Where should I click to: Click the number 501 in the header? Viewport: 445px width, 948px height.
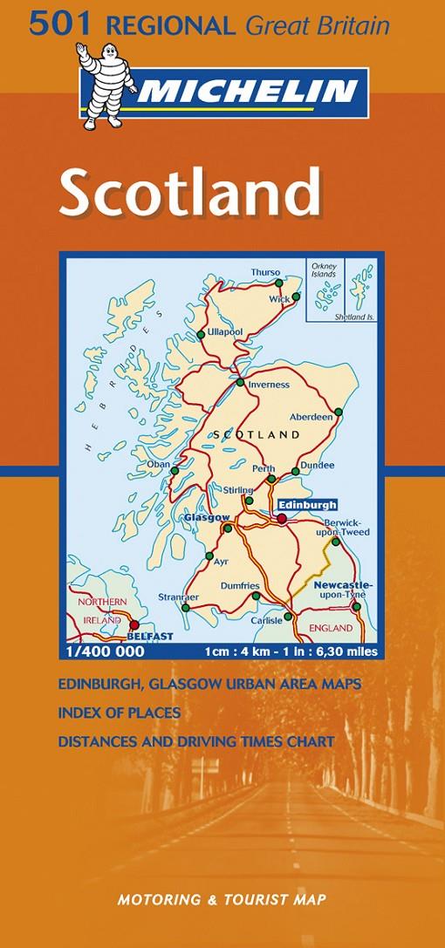point(52,26)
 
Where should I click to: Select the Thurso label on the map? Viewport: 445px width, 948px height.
point(265,272)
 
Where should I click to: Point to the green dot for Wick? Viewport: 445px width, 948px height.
point(296,297)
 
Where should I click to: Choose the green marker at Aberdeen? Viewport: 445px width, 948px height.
point(339,412)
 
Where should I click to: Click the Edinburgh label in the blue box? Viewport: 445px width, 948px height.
point(306,504)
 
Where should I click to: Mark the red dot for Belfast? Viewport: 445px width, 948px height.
point(134,624)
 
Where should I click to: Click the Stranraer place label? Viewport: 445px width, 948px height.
point(179,597)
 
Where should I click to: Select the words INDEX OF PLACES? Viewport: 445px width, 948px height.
point(120,713)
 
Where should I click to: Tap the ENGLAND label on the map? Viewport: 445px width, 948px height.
point(332,628)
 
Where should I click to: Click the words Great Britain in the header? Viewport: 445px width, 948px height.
point(317,27)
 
